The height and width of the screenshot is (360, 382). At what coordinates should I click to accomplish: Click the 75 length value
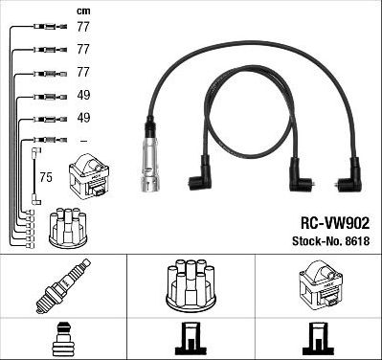point(45,178)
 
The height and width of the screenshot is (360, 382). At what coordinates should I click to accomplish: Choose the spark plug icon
point(63,284)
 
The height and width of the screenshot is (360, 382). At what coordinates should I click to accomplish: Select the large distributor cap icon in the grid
point(191,284)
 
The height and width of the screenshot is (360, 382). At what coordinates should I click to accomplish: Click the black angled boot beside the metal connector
point(198,179)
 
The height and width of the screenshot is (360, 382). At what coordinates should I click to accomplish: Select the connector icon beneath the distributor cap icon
point(191,340)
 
